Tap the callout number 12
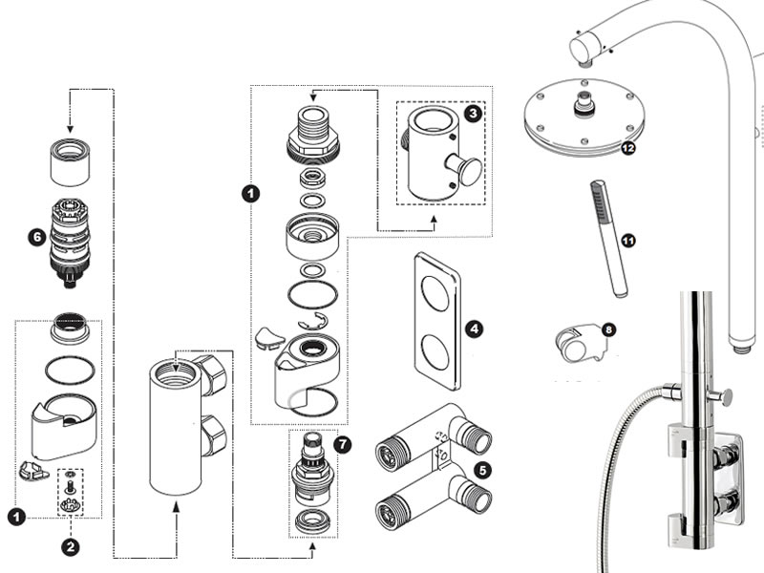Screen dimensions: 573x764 [627, 148]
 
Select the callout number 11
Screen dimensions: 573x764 [627, 241]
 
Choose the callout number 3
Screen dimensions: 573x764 [473, 113]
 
